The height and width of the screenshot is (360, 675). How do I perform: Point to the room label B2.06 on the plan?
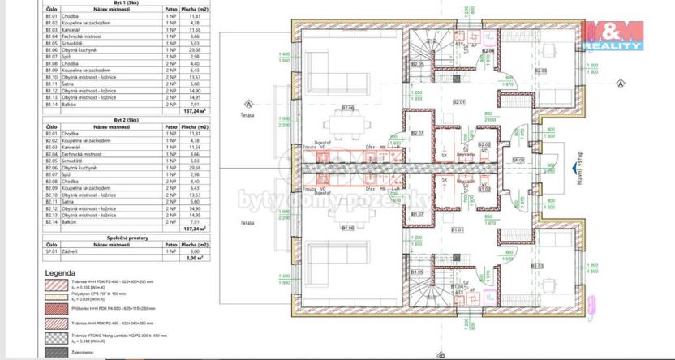[347, 108]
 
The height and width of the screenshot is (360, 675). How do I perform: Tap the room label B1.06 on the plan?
[347, 229]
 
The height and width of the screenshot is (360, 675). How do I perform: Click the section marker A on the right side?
[622, 83]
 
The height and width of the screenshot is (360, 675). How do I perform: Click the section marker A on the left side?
[248, 104]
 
